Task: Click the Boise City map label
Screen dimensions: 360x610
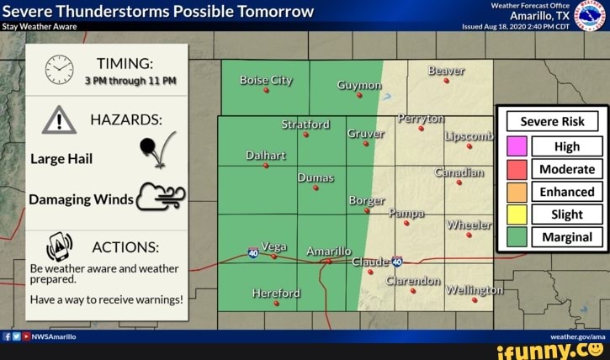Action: point(266,81)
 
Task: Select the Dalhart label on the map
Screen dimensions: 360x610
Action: point(266,156)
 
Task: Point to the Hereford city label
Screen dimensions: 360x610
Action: point(276,294)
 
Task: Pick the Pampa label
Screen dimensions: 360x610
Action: point(406,214)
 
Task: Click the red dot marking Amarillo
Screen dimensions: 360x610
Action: point(328,261)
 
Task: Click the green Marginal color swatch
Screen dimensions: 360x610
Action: point(517,237)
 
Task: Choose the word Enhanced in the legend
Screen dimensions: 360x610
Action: point(566,192)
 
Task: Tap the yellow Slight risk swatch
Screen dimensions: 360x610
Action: point(517,214)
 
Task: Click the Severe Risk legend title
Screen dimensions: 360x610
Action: point(552,121)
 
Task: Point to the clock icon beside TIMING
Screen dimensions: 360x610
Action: point(59,69)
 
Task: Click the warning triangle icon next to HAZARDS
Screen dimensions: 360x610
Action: point(59,120)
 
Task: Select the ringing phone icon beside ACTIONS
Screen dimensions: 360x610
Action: point(59,246)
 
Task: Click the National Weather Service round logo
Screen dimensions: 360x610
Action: point(589,14)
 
